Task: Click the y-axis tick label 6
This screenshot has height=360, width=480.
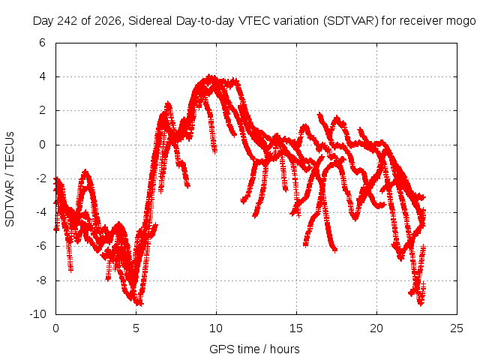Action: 42,43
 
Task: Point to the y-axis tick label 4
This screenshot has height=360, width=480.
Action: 42,76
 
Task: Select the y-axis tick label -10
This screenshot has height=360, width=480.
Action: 37,314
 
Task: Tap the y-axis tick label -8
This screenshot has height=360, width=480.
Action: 40,280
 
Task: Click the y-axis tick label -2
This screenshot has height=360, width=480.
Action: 40,178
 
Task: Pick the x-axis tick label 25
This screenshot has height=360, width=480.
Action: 457,328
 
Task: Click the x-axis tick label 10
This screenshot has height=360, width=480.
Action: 216,328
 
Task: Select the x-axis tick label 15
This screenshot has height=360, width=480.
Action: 296,328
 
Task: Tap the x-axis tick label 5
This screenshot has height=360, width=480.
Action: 136,328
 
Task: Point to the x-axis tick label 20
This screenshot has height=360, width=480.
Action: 376,328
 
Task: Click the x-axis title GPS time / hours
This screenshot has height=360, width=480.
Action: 254,349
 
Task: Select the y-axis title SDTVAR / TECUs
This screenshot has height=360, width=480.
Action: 10,179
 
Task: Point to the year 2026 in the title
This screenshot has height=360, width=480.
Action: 108,21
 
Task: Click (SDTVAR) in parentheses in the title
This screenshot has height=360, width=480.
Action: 351,21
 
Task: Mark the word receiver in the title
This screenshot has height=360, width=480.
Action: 421,21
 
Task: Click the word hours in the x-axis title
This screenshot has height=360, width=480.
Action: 285,349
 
